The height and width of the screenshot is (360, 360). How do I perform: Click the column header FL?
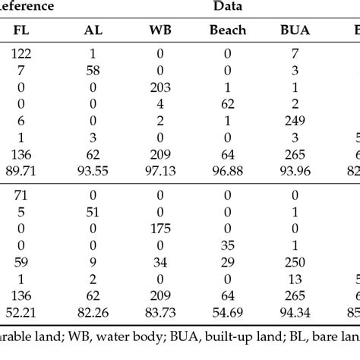(x=22, y=33)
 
